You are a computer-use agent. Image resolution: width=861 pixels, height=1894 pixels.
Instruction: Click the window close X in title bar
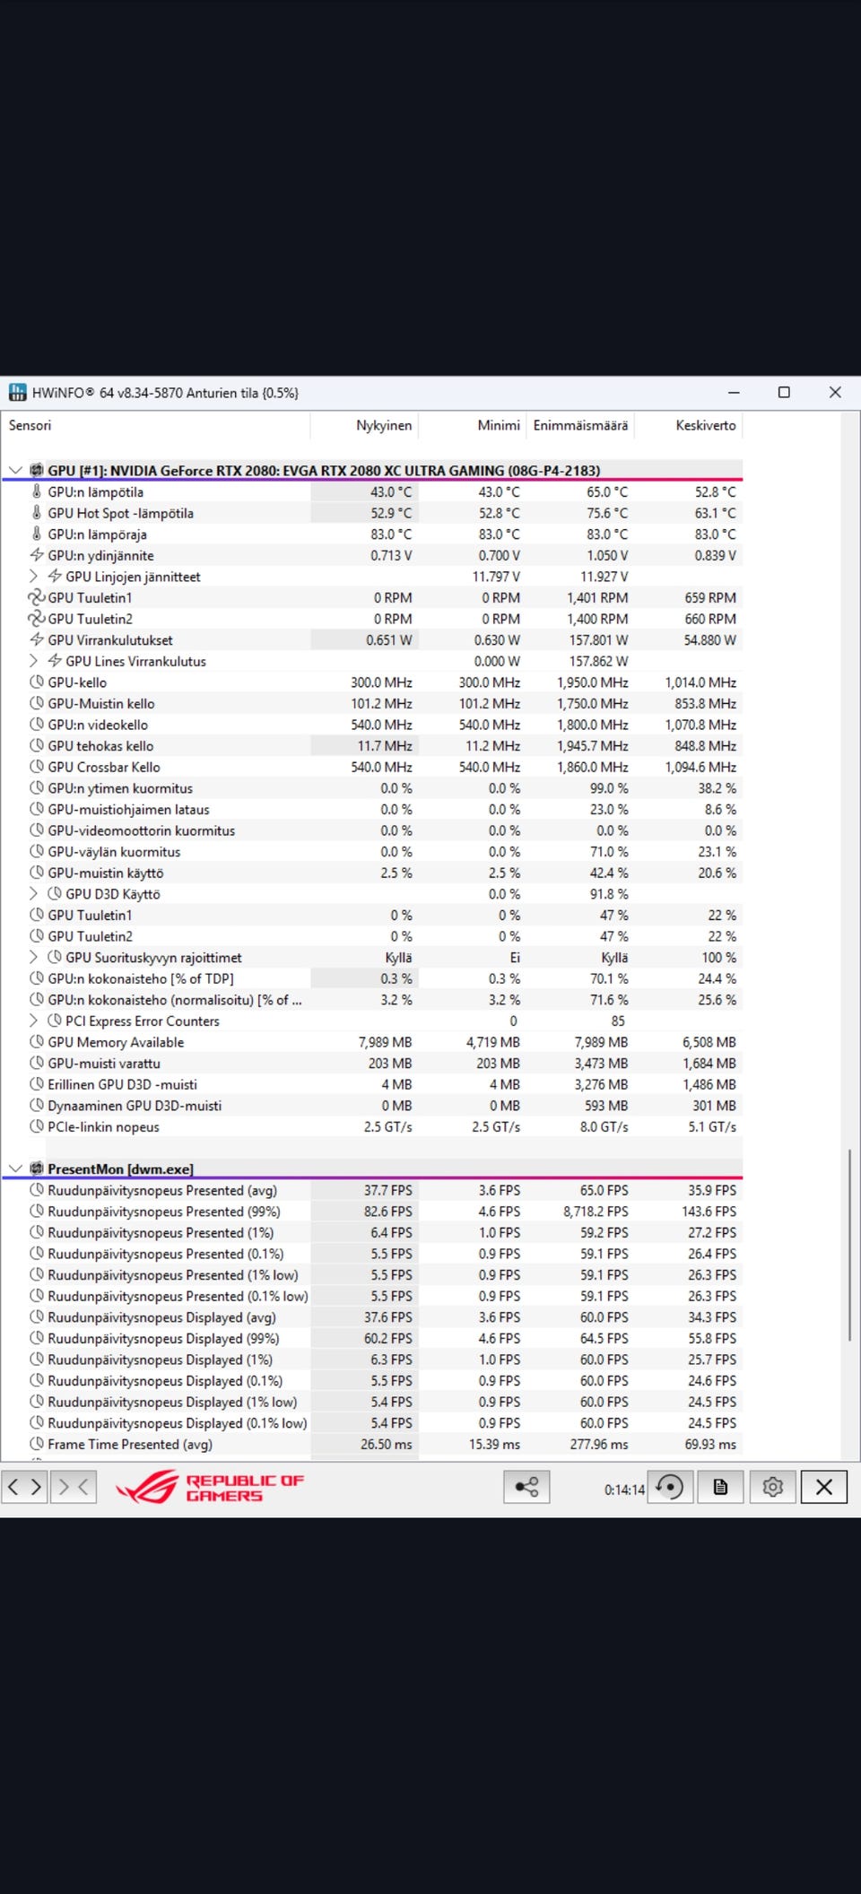point(835,392)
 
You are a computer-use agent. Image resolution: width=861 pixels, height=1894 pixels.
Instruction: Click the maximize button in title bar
point(784,392)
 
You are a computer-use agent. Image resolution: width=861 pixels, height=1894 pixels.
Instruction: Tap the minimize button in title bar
point(734,392)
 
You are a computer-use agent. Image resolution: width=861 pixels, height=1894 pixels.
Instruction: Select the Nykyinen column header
point(384,425)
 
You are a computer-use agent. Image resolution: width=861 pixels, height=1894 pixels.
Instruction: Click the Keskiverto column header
point(705,425)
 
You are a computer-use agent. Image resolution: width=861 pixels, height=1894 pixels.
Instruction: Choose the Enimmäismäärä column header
point(580,425)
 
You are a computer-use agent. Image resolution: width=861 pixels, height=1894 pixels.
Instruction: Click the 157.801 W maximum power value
point(598,640)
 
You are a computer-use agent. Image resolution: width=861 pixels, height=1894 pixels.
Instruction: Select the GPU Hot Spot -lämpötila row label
point(120,513)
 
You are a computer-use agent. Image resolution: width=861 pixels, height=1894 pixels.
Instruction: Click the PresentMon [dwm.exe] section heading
point(120,1169)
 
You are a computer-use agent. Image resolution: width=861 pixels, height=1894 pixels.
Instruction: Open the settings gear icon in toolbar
point(772,1487)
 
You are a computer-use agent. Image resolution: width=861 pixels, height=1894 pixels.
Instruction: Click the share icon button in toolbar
point(526,1487)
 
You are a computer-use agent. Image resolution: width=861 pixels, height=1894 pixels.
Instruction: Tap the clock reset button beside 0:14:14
point(669,1487)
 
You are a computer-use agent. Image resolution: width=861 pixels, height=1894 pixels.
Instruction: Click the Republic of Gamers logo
point(211,1487)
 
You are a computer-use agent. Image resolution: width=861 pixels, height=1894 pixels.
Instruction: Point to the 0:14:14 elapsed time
point(623,1490)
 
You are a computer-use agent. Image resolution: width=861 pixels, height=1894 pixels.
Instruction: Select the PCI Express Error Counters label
point(142,1021)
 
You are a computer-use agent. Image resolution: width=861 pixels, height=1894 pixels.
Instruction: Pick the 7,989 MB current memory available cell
point(385,1042)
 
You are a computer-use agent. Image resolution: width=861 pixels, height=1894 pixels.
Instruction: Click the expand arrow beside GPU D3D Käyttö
point(33,893)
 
